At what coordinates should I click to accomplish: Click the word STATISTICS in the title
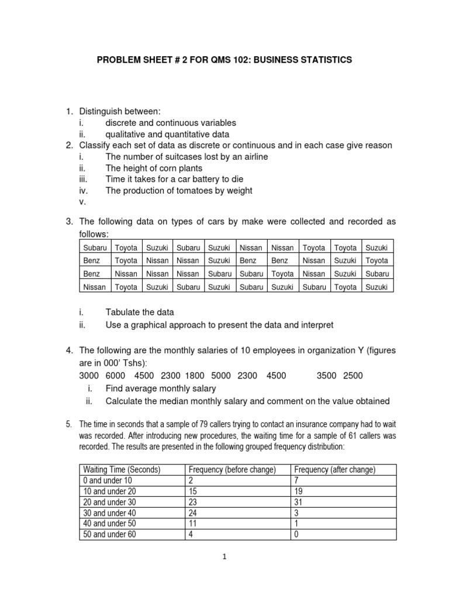point(326,60)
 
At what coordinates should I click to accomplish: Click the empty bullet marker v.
point(82,201)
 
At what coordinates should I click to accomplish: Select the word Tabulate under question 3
point(125,312)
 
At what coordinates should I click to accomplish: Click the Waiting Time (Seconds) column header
point(122,470)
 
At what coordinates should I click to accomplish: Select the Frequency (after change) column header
point(334,470)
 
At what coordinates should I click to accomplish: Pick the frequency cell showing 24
point(192,512)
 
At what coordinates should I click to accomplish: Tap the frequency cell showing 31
point(299,502)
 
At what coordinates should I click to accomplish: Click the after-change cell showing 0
point(297,534)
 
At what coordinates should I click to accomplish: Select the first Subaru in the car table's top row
point(95,248)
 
